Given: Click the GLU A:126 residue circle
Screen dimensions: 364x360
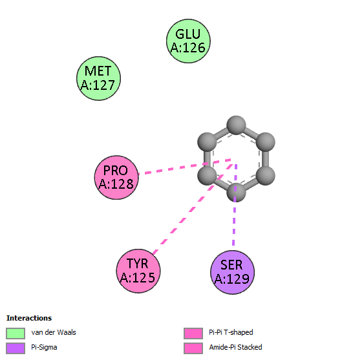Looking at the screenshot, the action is pyautogui.click(x=188, y=41).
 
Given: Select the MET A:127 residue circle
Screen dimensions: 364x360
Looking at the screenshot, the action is pyautogui.click(x=99, y=78).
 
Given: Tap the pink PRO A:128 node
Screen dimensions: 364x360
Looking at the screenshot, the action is pyautogui.click(x=116, y=178).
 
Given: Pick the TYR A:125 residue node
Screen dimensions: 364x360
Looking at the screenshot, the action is pyautogui.click(x=138, y=271).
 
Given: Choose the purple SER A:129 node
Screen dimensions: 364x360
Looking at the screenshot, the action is pyautogui.click(x=232, y=272).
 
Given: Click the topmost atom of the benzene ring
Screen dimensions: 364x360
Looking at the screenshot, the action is pyautogui.click(x=236, y=125).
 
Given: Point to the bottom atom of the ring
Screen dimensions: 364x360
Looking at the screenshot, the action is pyautogui.click(x=236, y=193).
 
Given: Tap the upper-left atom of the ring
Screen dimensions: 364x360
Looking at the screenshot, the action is pyautogui.click(x=207, y=142).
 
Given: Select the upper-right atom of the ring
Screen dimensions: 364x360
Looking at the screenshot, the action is pyautogui.click(x=266, y=142).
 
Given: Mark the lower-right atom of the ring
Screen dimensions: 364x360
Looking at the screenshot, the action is pyautogui.click(x=266, y=176).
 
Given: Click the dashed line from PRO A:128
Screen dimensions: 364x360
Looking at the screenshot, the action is pyautogui.click(x=185, y=167).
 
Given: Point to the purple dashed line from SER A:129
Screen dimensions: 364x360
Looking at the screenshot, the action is pyautogui.click(x=235, y=205).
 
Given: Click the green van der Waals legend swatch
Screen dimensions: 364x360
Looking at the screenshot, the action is pyautogui.click(x=16, y=334).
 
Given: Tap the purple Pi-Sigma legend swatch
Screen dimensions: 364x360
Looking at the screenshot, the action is pyautogui.click(x=16, y=348).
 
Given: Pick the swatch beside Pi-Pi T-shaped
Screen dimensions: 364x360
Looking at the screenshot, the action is pyautogui.click(x=193, y=334).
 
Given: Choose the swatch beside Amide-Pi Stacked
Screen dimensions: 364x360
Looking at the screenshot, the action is pyautogui.click(x=193, y=348).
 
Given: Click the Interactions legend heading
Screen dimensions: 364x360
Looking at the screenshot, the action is pyautogui.click(x=29, y=318).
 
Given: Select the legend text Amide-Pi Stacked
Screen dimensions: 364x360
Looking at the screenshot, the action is pyautogui.click(x=235, y=347).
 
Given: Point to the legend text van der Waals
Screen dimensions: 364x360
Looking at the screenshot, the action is pyautogui.click(x=54, y=332).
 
